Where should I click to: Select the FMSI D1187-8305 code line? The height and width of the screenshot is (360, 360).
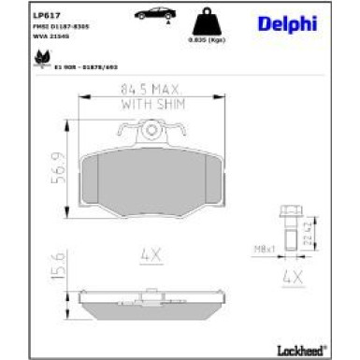(58, 28)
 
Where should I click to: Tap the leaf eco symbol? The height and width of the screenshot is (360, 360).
(42, 58)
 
